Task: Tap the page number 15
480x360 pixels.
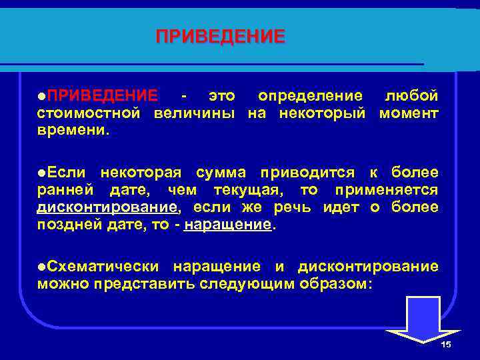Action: [446, 344]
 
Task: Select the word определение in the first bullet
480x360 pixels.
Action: [311, 96]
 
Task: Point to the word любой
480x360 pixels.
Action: [411, 96]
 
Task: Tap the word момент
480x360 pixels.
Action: [409, 113]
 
